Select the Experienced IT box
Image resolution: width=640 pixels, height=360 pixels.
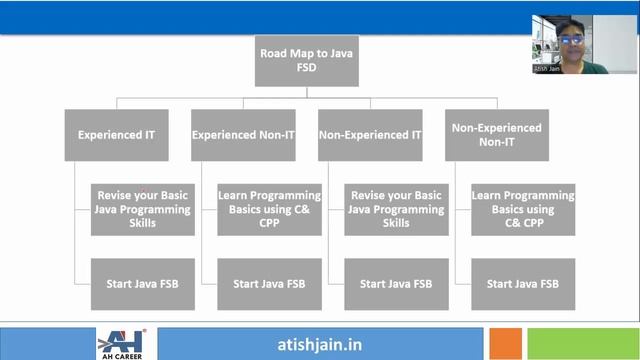tap(110, 134)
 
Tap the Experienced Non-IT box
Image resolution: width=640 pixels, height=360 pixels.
tap(243, 134)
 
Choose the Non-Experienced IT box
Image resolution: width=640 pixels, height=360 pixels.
tap(369, 134)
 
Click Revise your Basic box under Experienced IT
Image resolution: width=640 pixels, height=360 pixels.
tap(142, 209)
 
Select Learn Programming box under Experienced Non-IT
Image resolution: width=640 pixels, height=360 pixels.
tap(269, 209)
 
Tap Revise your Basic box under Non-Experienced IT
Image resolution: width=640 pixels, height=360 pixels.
tap(396, 209)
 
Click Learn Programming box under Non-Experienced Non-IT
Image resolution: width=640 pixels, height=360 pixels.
tap(523, 209)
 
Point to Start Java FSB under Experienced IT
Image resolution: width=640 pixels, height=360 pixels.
tap(142, 284)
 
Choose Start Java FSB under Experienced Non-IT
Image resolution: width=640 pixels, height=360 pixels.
tap(269, 284)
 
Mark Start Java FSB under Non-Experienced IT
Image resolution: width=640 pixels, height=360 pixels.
tap(396, 284)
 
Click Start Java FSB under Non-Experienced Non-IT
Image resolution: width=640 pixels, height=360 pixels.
tap(523, 284)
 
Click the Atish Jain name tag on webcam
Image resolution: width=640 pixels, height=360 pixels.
tap(547, 69)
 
